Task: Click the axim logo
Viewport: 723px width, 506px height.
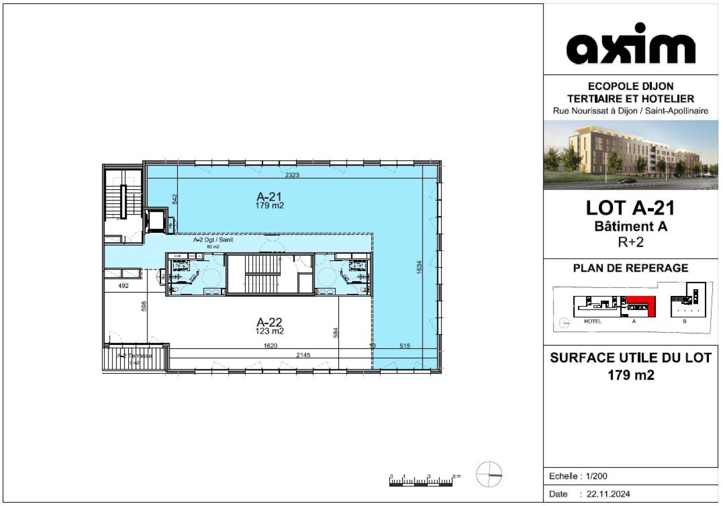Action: pyautogui.click(x=630, y=45)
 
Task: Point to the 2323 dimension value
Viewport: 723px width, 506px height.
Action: pyautogui.click(x=292, y=175)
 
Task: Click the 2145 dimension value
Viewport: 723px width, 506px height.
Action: pyautogui.click(x=303, y=355)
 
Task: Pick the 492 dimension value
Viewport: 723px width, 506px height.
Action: pyautogui.click(x=123, y=286)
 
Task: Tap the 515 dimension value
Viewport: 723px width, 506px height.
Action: pyautogui.click(x=404, y=346)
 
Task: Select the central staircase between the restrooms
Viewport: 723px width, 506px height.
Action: pyautogui.click(x=263, y=274)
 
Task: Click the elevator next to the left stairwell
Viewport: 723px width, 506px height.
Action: pyautogui.click(x=154, y=220)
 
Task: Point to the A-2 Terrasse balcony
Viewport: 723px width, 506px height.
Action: pyautogui.click(x=135, y=357)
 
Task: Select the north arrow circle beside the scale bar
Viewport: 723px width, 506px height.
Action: pyautogui.click(x=489, y=474)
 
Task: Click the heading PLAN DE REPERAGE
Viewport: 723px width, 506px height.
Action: pyautogui.click(x=630, y=268)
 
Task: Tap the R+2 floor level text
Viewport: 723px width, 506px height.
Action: pyautogui.click(x=630, y=243)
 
